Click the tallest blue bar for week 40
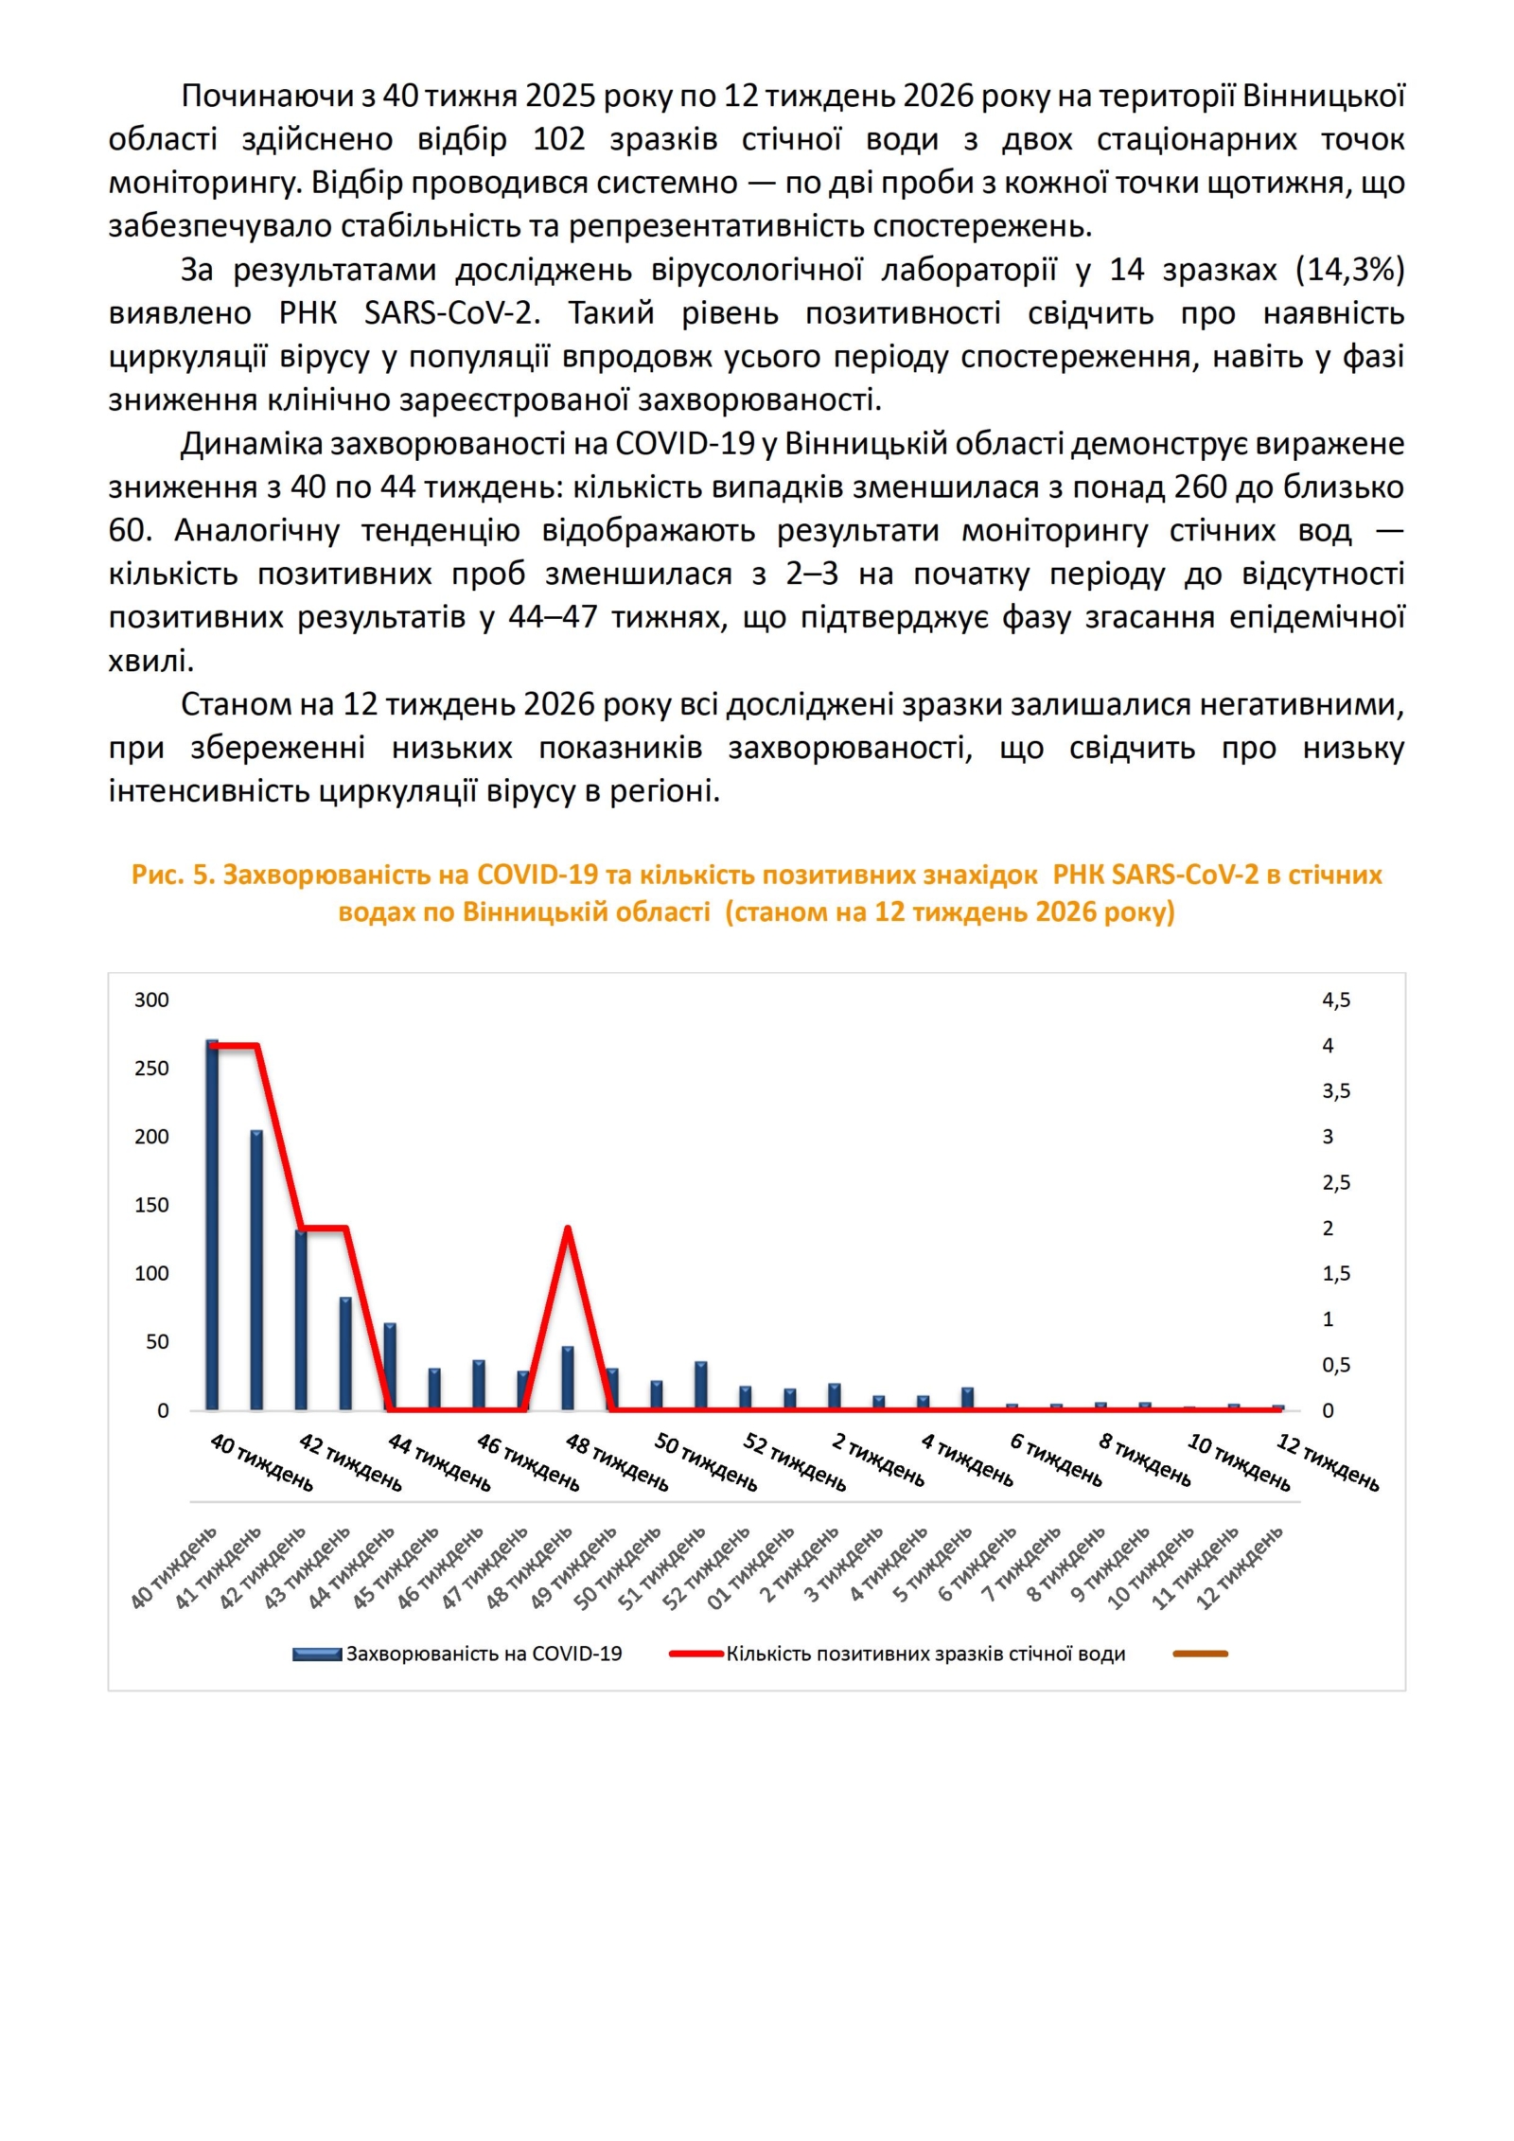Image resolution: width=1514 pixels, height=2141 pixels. tap(212, 1230)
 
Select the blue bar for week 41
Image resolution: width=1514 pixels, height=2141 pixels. tap(256, 1273)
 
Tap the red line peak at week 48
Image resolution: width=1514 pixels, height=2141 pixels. tap(567, 1230)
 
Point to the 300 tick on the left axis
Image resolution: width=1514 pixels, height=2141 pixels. tap(151, 1000)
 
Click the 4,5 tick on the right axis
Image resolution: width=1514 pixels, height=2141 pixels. tap(1336, 1000)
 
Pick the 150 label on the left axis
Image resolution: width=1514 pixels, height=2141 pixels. tap(151, 1206)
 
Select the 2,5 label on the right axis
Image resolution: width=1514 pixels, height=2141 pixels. tap(1336, 1183)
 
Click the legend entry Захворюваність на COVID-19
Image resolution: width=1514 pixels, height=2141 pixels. tap(483, 1654)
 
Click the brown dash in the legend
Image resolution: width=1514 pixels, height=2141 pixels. tap(1200, 1654)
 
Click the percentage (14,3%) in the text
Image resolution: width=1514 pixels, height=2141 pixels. tap(1350, 271)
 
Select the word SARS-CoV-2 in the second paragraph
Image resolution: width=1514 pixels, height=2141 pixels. tap(451, 313)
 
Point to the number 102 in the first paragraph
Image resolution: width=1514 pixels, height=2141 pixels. tap(559, 139)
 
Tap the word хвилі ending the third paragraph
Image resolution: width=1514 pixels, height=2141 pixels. tap(150, 662)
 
